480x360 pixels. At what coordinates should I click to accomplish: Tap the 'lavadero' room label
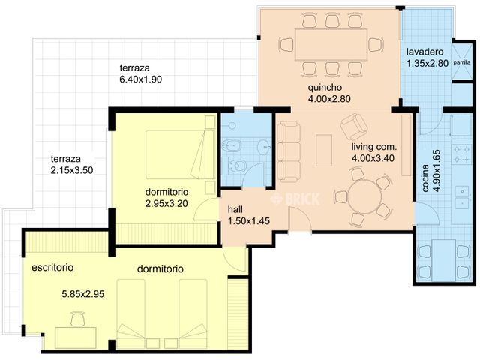pos(427,52)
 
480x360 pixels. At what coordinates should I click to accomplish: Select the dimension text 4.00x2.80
pos(329,98)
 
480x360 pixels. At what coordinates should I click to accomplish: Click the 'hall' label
pos(235,211)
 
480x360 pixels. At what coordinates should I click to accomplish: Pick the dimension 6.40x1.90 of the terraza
pos(140,79)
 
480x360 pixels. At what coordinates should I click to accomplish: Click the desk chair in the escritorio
pos(77,320)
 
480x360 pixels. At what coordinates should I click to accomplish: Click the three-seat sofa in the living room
pos(287,147)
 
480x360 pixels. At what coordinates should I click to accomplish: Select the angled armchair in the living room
pos(358,124)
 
